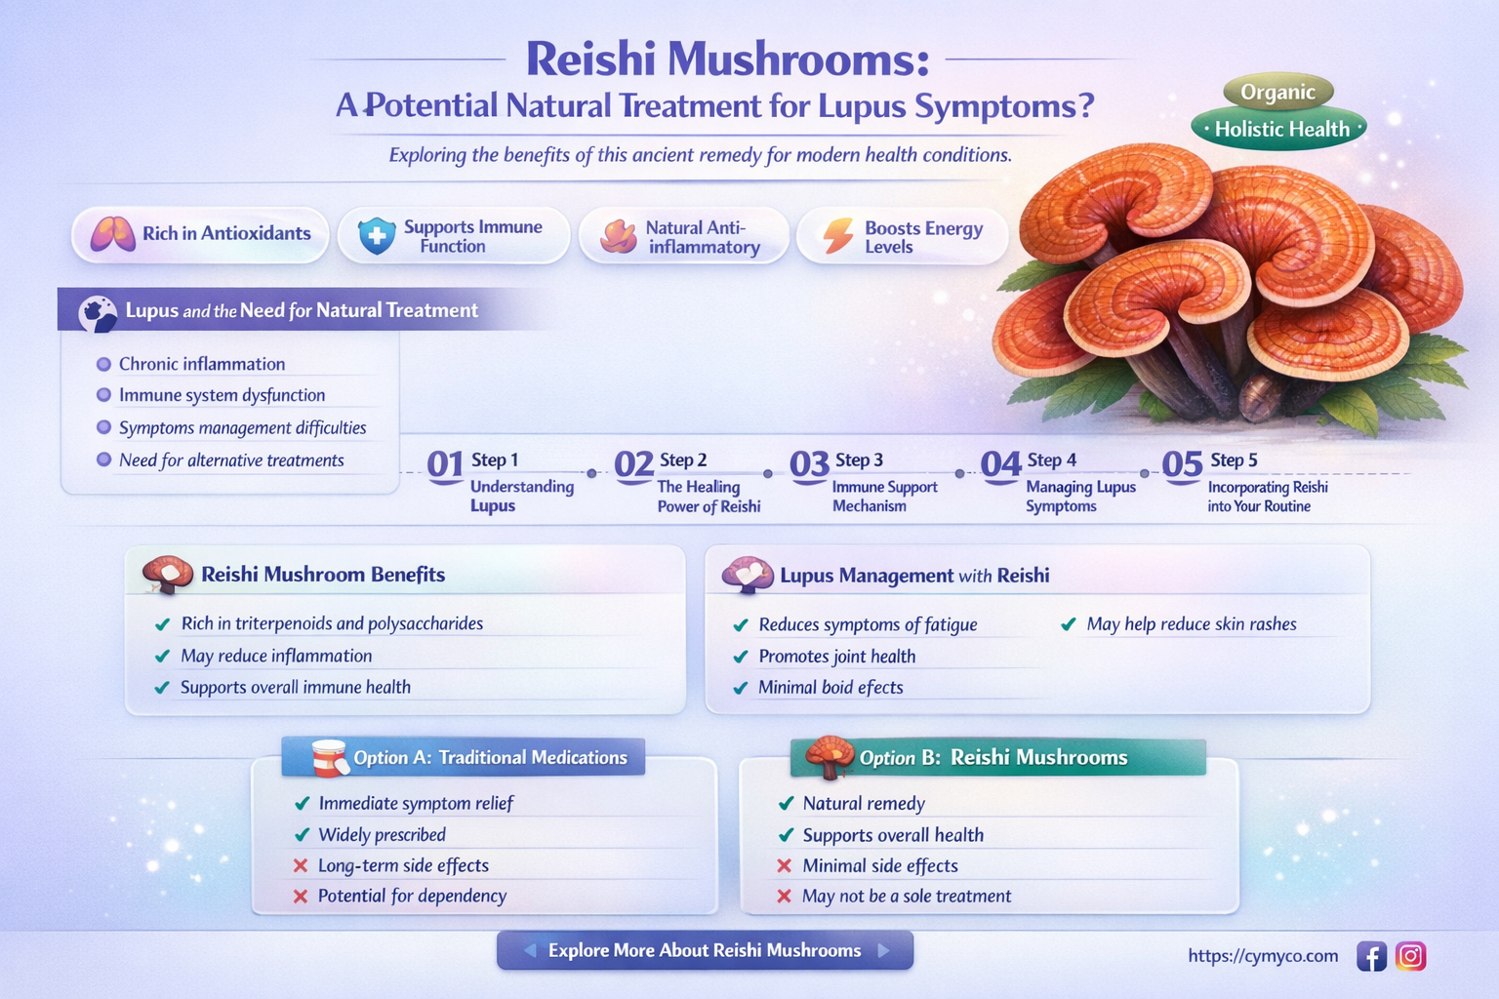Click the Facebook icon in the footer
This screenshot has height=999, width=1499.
(1371, 957)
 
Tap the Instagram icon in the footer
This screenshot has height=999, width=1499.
(1410, 956)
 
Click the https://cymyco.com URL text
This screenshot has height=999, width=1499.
(1263, 956)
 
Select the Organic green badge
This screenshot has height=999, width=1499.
(1277, 93)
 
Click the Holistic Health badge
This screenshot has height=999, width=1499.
(1279, 129)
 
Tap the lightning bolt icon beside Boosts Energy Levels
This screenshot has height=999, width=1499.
(837, 236)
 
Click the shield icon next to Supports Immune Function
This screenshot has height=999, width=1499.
(376, 236)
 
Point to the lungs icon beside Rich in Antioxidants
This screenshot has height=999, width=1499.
(112, 234)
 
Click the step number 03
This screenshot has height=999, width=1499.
(809, 465)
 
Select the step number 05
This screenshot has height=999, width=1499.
(1182, 465)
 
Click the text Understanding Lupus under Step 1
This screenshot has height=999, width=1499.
(521, 496)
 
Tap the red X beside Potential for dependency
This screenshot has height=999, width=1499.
(301, 897)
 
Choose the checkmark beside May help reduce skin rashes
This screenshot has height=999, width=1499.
(1069, 624)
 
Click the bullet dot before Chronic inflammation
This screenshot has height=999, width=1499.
(103, 365)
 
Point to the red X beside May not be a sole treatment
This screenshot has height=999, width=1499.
(784, 897)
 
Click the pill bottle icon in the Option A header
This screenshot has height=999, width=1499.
(329, 757)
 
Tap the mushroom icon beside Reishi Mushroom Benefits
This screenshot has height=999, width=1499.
(167, 575)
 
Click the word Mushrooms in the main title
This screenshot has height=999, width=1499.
(796, 59)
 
